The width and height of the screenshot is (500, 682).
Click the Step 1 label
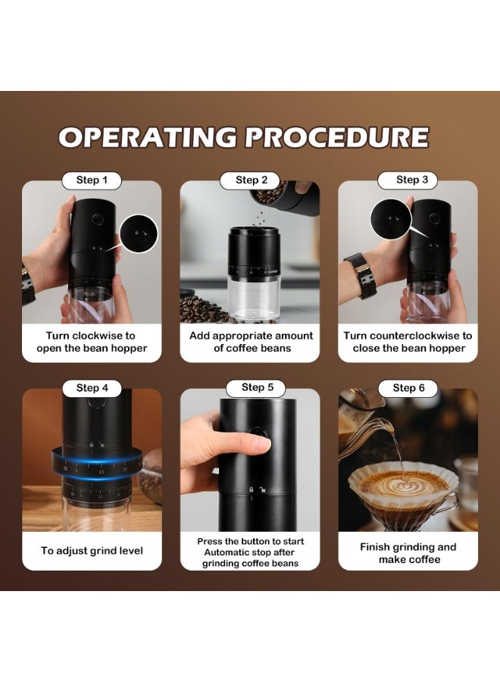[x=92, y=180]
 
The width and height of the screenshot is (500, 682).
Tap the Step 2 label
[x=252, y=180]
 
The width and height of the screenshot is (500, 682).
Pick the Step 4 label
[x=92, y=388]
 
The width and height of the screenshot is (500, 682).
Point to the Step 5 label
[x=258, y=387]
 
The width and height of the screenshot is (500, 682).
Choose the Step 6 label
[x=408, y=388]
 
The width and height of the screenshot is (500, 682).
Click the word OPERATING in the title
[x=148, y=137]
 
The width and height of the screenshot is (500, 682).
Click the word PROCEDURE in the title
[x=337, y=137]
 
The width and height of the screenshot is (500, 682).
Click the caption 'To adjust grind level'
[x=92, y=551]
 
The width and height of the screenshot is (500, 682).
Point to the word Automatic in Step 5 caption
[x=225, y=552]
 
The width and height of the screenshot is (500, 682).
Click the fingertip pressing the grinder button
[x=262, y=443]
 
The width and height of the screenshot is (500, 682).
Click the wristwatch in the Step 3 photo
[x=361, y=275]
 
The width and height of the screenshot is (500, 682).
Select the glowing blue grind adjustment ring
[x=96, y=464]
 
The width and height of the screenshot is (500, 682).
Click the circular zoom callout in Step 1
[x=139, y=234]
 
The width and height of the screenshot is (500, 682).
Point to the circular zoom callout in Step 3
[x=391, y=219]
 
